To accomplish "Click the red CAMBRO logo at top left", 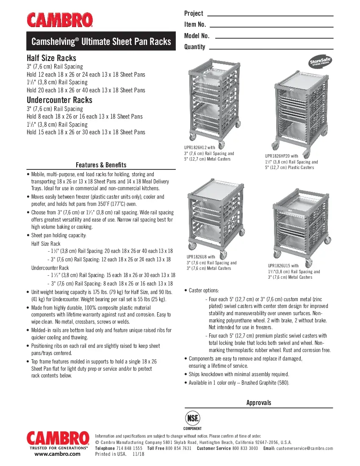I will [60, 20].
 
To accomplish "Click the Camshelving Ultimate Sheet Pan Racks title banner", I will [101, 42].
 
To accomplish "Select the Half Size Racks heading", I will [52, 58].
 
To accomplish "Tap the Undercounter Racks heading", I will [59, 100].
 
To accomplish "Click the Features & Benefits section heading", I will [101, 165].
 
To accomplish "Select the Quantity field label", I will [195, 47].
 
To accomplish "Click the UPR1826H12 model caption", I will [200, 147].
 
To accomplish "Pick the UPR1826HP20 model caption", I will [282, 156].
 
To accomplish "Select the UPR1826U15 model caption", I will [283, 266].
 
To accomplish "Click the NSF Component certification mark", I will [193, 420].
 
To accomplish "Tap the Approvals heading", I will [258, 403].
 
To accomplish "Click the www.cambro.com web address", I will [57, 454].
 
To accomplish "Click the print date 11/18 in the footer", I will [138, 454].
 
